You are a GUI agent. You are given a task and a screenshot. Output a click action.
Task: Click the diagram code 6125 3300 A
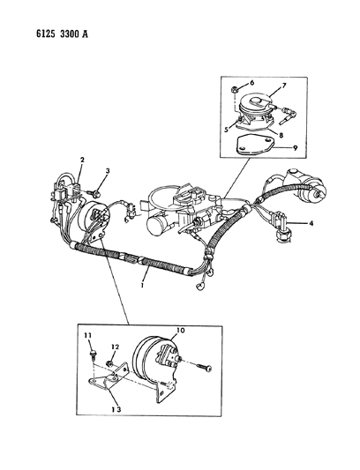coord(63,34)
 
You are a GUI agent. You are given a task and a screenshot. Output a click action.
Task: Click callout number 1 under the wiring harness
coord(143,284)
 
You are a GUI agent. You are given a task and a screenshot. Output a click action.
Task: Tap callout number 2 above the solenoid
coord(82,160)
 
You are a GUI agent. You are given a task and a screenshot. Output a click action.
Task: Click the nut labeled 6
coord(236,89)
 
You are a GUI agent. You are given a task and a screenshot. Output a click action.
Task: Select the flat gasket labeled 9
coord(253,145)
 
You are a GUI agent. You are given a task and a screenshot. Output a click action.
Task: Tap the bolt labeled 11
coord(93,354)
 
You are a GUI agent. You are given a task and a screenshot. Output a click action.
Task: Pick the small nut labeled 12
coord(109,364)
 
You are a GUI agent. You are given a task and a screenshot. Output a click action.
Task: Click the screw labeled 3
coord(94,193)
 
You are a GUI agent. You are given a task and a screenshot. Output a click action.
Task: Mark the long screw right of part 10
coord(204,367)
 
